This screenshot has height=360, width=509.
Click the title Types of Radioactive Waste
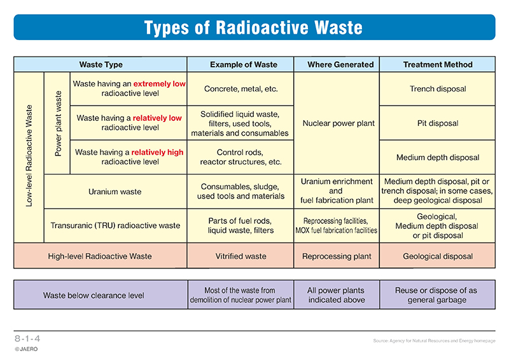click(253, 27)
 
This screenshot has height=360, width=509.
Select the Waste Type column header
click(101, 64)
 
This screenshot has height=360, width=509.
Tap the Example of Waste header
click(244, 64)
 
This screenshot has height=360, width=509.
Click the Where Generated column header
click(340, 64)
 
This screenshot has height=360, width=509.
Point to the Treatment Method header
click(438, 64)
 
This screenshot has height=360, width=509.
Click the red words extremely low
click(159, 84)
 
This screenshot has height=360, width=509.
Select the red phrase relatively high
click(157, 152)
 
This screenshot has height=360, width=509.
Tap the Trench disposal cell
click(438, 88)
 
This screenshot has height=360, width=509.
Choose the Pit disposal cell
click(438, 123)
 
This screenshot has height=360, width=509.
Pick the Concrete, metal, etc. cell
click(241, 88)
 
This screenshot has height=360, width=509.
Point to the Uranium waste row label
click(115, 191)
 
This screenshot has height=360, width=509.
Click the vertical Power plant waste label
click(58, 123)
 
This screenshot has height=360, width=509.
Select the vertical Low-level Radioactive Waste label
click(29, 156)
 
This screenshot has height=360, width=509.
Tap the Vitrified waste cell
click(241, 256)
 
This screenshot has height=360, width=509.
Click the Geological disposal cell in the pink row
click(438, 256)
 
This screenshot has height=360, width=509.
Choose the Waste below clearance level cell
click(94, 295)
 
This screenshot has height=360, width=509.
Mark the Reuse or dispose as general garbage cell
click(436, 294)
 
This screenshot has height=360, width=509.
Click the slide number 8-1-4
click(27, 338)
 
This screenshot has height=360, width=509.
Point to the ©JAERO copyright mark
click(26, 349)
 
